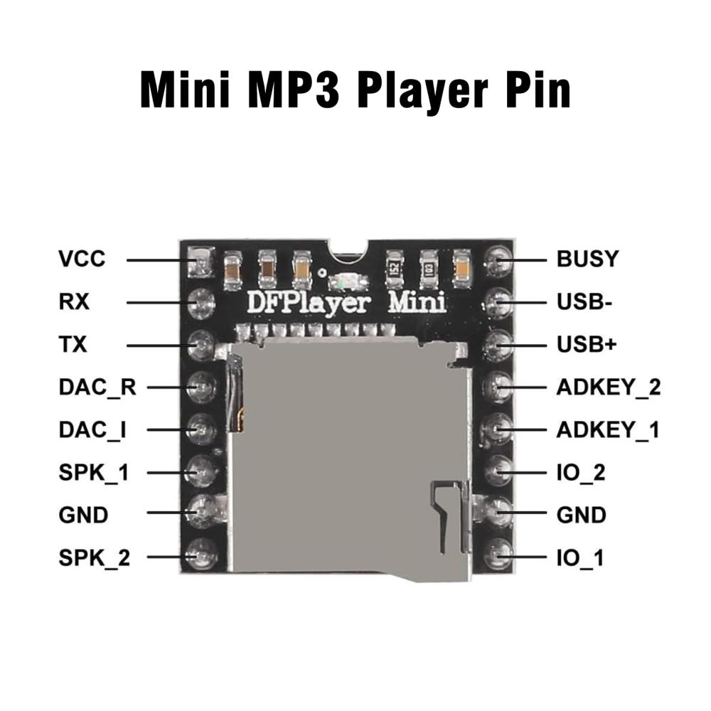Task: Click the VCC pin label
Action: pyautogui.click(x=82, y=259)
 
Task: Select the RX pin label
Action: pyautogui.click(x=74, y=302)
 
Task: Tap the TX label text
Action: pyautogui.click(x=73, y=345)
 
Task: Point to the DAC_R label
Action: pyautogui.click(x=97, y=387)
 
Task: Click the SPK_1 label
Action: pyautogui.click(x=94, y=472)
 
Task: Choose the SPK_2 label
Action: pyautogui.click(x=95, y=558)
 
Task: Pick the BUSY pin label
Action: pyautogui.click(x=587, y=259)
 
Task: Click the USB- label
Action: pyautogui.click(x=584, y=302)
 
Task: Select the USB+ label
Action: pyautogui.click(x=587, y=345)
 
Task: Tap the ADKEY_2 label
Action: pyautogui.click(x=609, y=387)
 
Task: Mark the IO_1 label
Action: pyautogui.click(x=579, y=558)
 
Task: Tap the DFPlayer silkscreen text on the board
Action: pyautogui.click(x=308, y=302)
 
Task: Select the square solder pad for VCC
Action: pyautogui.click(x=201, y=262)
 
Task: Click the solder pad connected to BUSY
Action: pyautogui.click(x=497, y=262)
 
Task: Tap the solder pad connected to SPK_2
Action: pyautogui.click(x=203, y=552)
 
